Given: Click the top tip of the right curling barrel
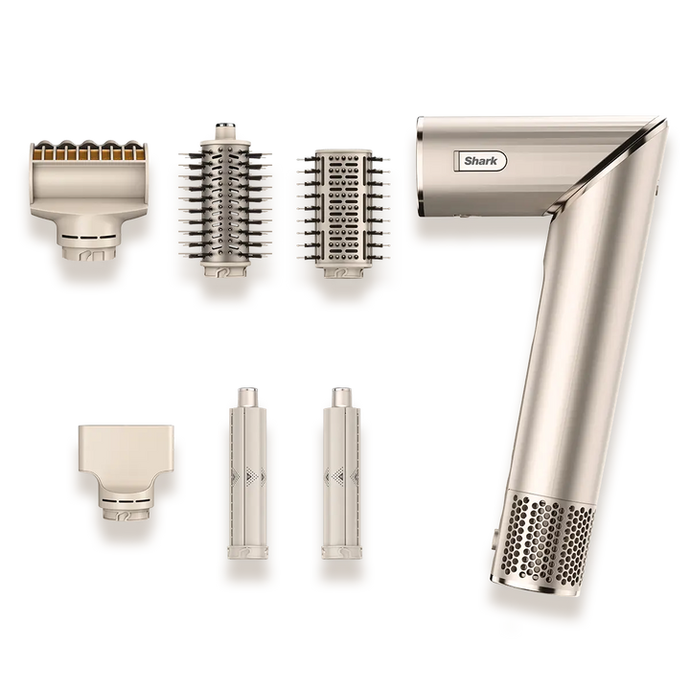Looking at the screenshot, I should coord(337,393).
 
